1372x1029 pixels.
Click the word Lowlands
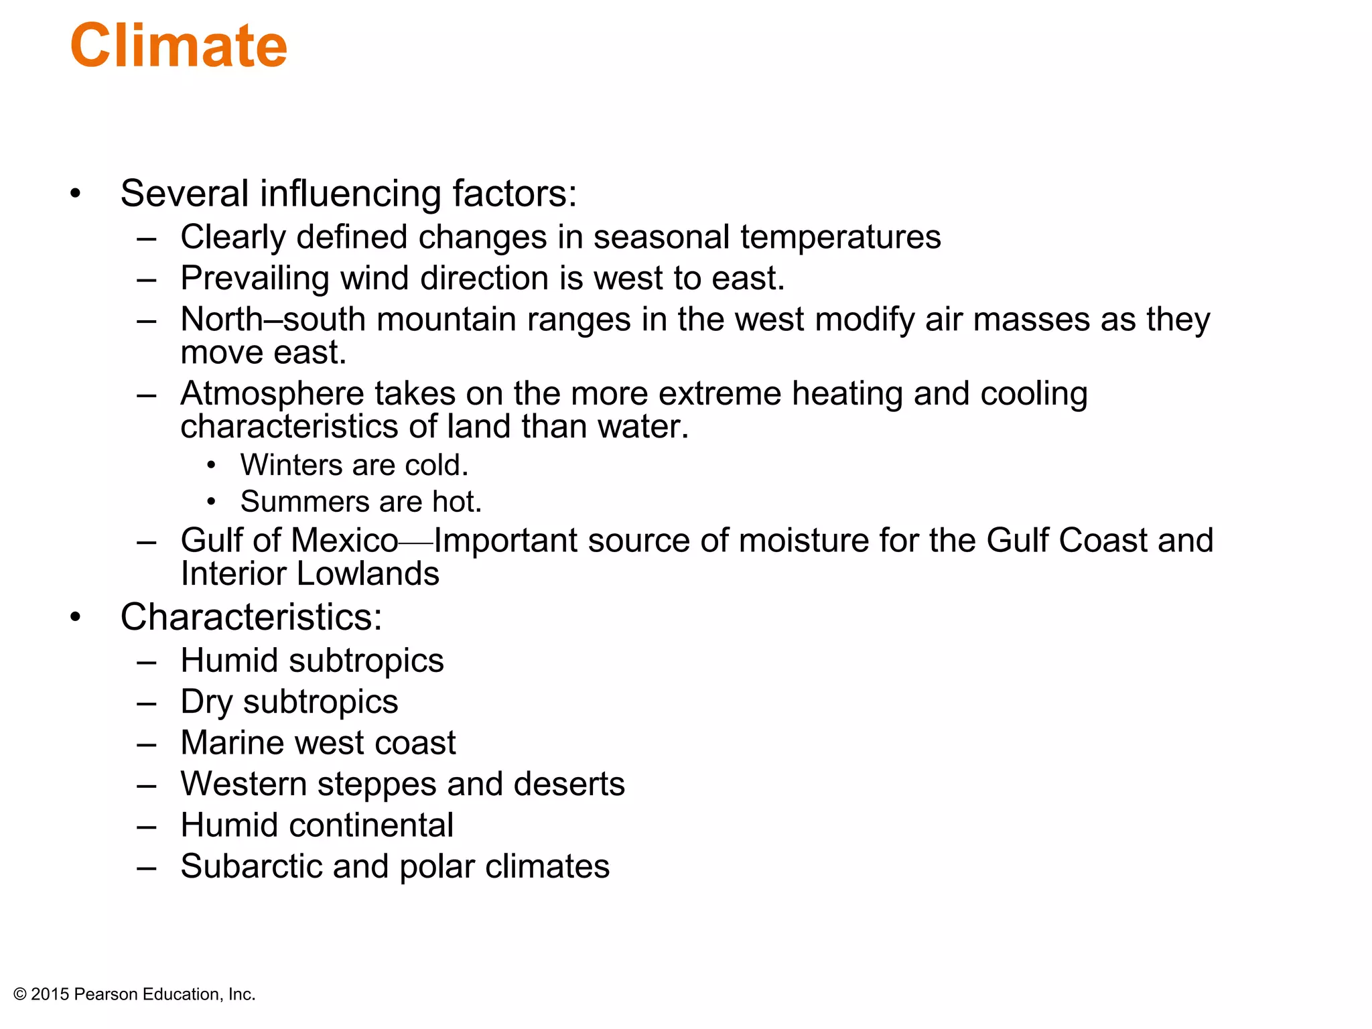point(368,574)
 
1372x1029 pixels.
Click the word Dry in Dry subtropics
point(206,702)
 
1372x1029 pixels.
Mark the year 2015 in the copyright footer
point(50,995)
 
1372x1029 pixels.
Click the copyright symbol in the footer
point(20,995)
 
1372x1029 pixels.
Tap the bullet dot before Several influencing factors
point(75,194)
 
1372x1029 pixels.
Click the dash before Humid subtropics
point(146,662)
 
